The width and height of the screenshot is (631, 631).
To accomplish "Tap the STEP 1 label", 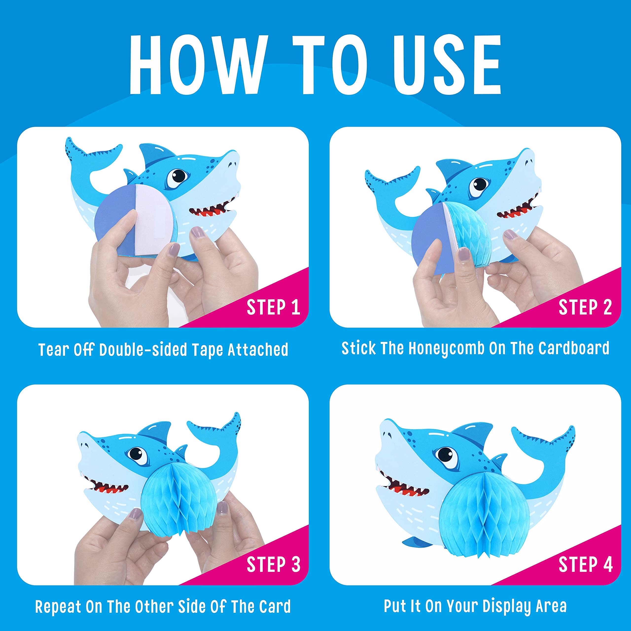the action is pos(273,307).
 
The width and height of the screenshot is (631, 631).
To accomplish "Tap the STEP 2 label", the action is pos(585,307).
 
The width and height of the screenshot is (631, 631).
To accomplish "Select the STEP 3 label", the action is pos(273,564).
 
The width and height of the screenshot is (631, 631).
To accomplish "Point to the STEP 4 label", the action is pos(585,564).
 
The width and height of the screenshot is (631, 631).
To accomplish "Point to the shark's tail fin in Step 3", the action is pos(217,441).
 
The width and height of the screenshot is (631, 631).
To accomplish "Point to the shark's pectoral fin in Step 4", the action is pos(421,541).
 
